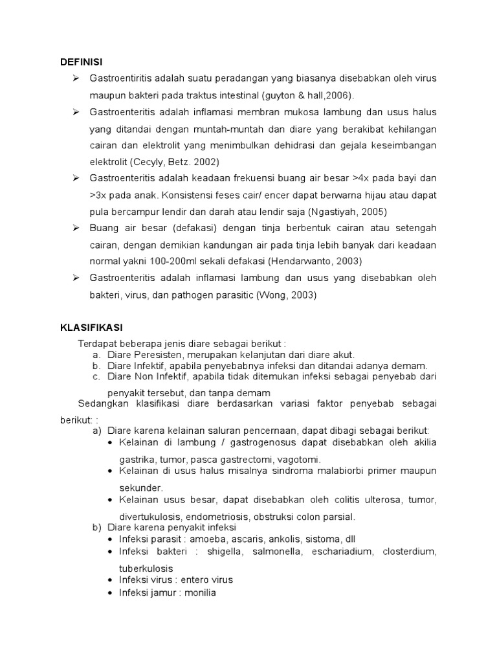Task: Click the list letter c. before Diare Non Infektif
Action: [x=96, y=376]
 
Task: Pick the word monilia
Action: [x=198, y=592]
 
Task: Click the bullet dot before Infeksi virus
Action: [x=111, y=579]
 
